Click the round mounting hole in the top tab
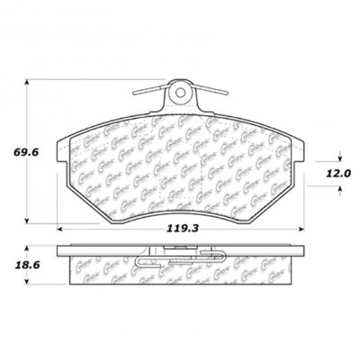[178, 92]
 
